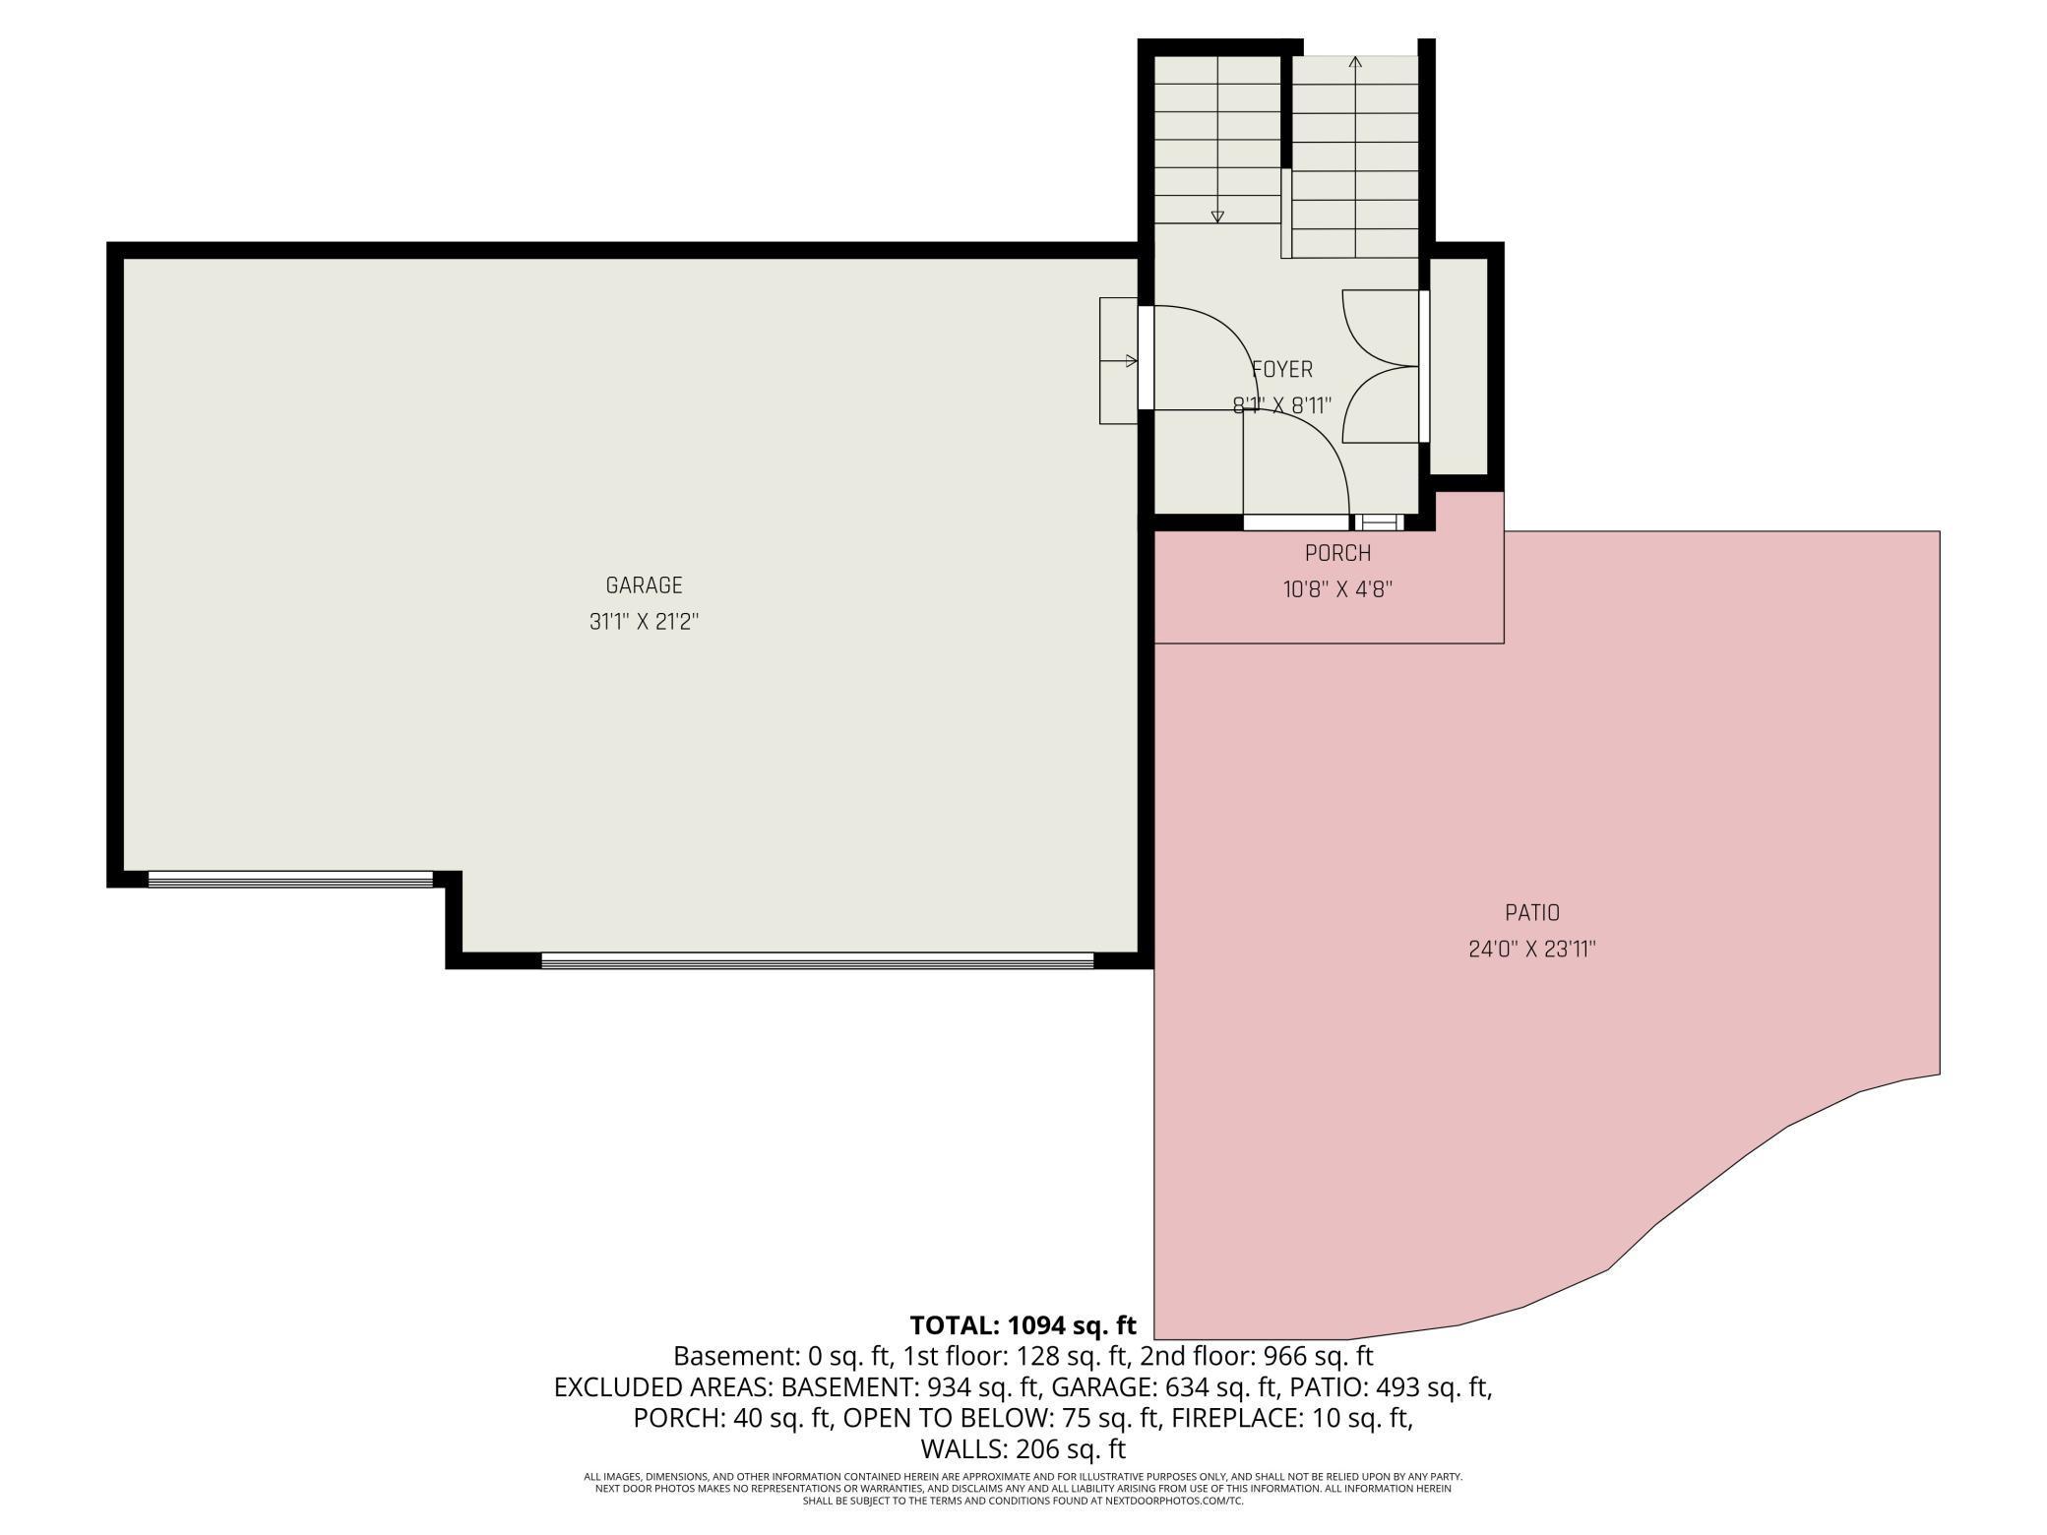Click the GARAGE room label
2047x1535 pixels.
coord(644,585)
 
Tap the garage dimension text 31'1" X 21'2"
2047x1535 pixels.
coord(644,622)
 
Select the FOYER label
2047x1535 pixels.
coord(1281,369)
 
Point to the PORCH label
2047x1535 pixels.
coord(1337,553)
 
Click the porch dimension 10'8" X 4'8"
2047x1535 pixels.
coord(1337,589)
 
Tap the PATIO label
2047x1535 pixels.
coord(1531,913)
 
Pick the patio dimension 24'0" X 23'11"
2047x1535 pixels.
coord(1531,950)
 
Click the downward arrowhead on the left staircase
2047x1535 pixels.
coord(1217,216)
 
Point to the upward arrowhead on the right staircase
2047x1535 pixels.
coord(1355,62)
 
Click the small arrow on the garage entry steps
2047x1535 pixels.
coord(1131,361)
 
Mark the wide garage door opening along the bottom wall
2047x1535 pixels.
coord(817,960)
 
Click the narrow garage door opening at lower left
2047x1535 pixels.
coord(290,879)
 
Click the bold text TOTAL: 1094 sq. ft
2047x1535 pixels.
coord(1023,1324)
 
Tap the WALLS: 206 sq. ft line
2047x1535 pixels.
coord(1023,1448)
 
